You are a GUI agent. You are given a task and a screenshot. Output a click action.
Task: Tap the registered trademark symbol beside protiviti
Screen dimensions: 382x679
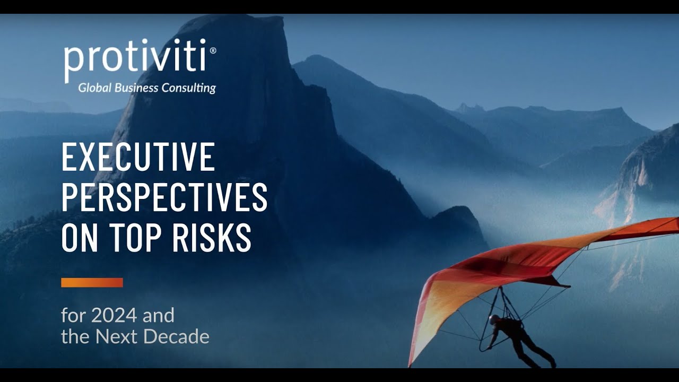tap(213, 50)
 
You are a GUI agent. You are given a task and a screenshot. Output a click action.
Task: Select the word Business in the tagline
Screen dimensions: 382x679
tap(136, 88)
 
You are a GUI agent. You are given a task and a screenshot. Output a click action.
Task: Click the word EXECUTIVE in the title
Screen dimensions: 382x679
tap(138, 157)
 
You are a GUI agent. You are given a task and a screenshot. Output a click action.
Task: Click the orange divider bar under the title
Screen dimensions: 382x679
tap(92, 282)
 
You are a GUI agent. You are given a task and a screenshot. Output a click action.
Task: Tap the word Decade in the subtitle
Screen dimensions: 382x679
tap(183, 336)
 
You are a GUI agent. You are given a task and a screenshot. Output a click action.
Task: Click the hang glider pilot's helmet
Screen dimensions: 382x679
tap(494, 319)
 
